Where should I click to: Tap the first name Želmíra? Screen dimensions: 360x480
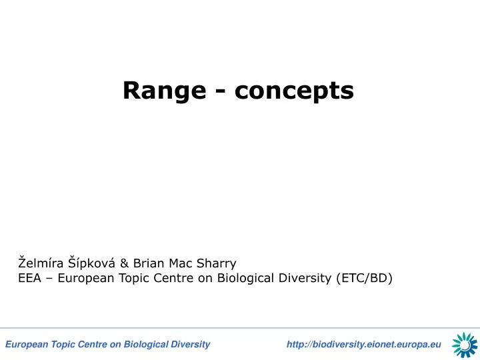[x=42, y=263]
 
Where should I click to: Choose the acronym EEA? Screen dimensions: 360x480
[x=30, y=278]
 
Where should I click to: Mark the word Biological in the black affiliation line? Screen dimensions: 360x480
[x=245, y=278]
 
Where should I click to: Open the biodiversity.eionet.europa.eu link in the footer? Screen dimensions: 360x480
[x=363, y=344]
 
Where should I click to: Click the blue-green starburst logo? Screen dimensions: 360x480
[x=465, y=344]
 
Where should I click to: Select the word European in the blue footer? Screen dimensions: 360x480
[x=25, y=344]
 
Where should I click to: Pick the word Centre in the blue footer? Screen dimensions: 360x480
[x=93, y=344]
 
